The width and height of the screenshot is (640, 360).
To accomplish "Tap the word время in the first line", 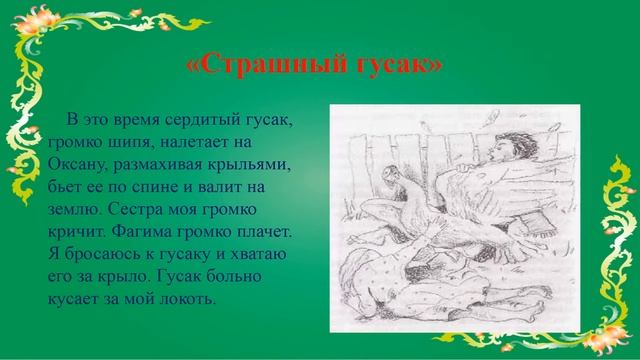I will click(140, 120).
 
